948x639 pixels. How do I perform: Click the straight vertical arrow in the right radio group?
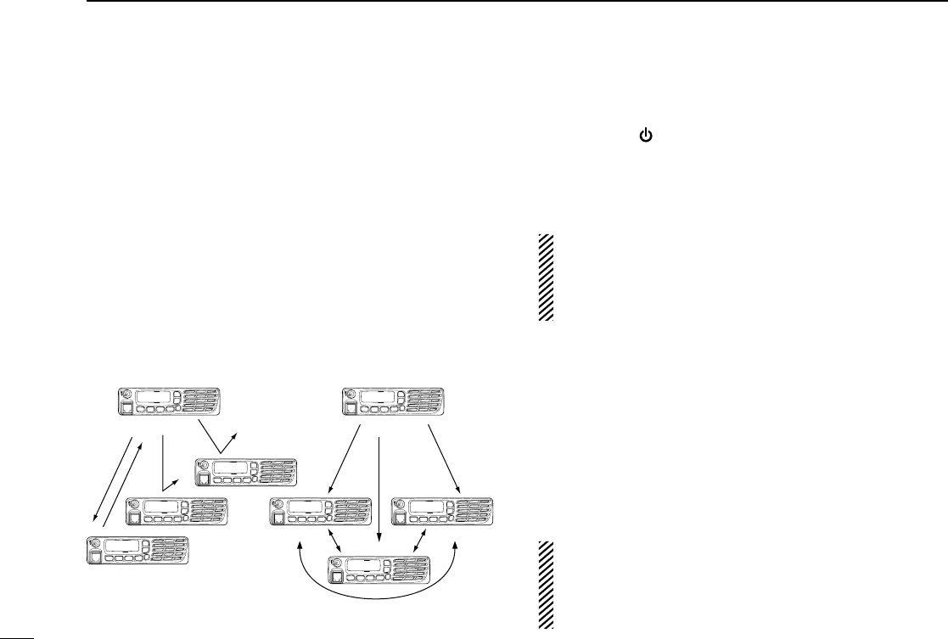coord(378,492)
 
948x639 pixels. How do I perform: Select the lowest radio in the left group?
coord(138,552)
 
